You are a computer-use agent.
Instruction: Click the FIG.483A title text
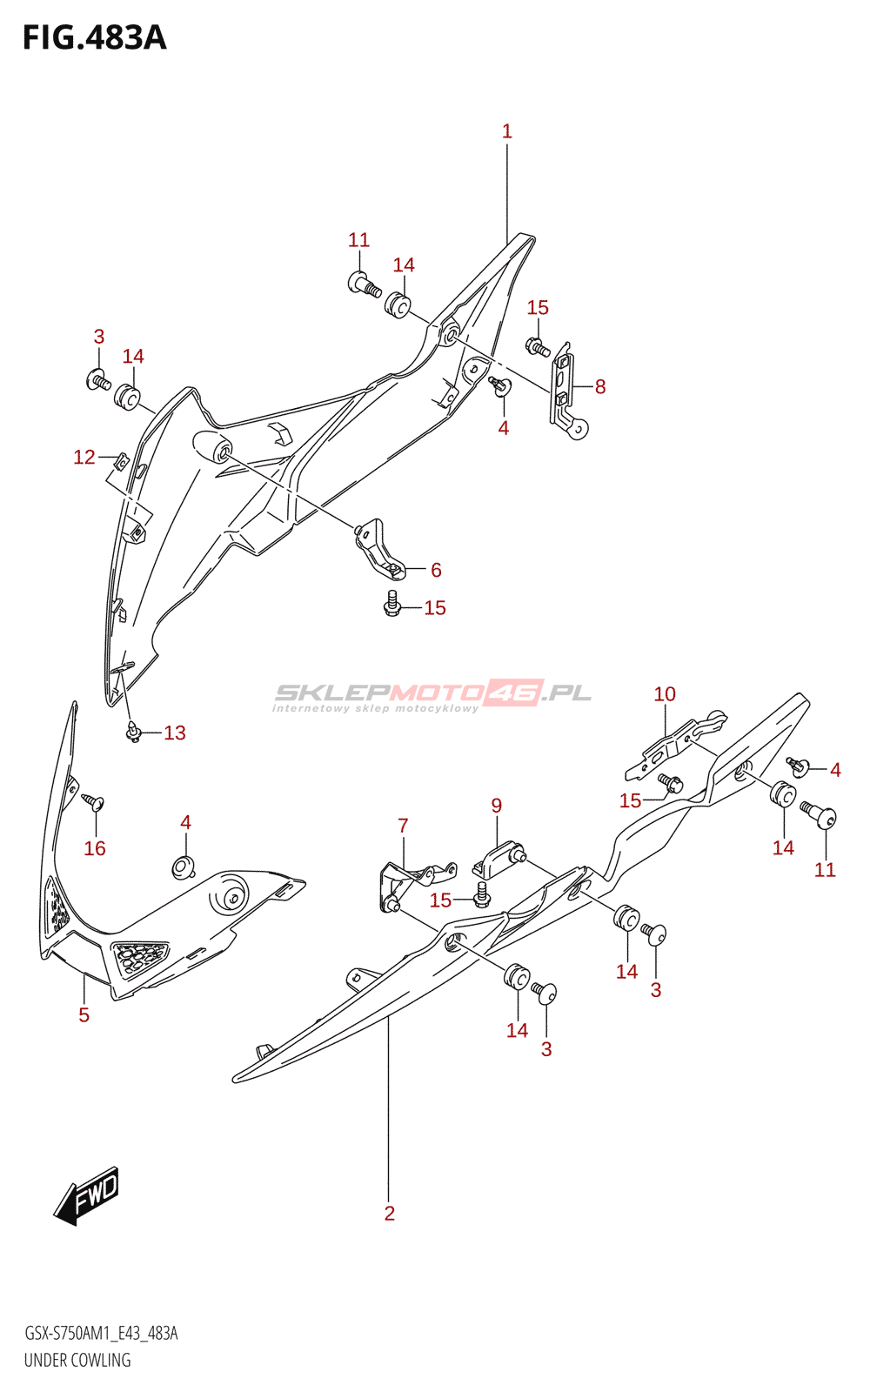click(94, 37)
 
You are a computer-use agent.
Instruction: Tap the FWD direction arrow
click(87, 1195)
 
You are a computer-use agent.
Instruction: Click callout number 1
click(507, 131)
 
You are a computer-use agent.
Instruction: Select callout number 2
click(390, 1213)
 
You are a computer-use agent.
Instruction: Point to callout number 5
click(84, 1014)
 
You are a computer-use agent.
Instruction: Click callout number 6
click(436, 570)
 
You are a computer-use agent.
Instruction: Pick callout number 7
click(403, 826)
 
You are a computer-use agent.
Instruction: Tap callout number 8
click(600, 387)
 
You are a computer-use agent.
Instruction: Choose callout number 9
click(497, 806)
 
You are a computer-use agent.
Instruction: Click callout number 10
click(665, 694)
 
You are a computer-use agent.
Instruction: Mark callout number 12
click(84, 457)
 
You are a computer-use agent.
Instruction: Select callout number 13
click(175, 733)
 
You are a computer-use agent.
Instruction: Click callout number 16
click(95, 848)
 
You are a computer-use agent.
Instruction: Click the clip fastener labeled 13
click(133, 733)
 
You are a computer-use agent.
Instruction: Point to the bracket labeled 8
click(565, 389)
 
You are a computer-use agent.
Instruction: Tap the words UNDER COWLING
click(77, 1360)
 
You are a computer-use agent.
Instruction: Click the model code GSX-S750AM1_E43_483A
click(101, 1334)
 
